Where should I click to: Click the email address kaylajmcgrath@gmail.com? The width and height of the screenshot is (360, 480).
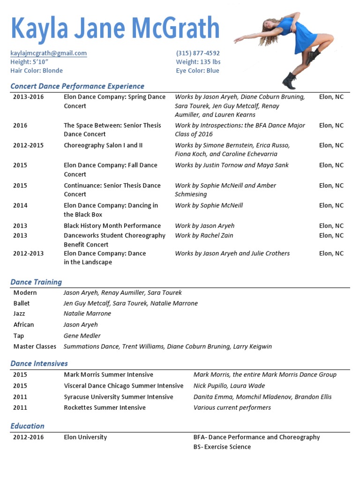point(48,53)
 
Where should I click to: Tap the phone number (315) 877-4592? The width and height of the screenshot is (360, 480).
point(198,53)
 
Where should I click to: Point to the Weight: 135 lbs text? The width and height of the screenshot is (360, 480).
point(198,62)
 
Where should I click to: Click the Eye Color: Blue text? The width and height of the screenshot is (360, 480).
point(197,71)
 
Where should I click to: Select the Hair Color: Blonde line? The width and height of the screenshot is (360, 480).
point(37,71)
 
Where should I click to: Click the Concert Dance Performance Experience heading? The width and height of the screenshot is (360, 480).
point(77,86)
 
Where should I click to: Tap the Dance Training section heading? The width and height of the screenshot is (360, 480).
point(36,282)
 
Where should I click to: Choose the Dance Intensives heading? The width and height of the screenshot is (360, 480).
point(39,363)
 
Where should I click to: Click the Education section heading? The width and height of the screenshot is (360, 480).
point(28,426)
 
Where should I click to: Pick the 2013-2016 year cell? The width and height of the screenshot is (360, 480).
point(27,97)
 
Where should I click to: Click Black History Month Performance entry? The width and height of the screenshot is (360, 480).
point(112,225)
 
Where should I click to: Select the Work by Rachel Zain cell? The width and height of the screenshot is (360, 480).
point(204,235)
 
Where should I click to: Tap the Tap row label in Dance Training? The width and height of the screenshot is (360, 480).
point(19,336)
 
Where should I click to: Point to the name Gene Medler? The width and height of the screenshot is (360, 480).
point(82,336)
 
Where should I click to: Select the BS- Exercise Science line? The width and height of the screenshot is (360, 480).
point(222,447)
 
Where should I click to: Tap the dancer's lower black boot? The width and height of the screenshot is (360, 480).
point(290,81)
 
